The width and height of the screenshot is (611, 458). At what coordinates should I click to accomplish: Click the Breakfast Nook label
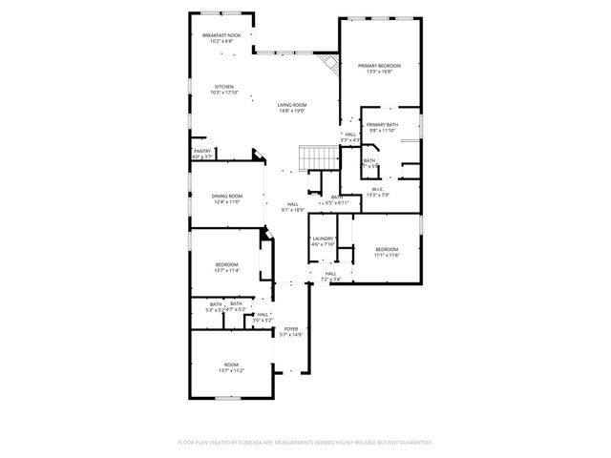coord(221,35)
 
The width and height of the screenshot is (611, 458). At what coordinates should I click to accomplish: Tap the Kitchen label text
coord(223,86)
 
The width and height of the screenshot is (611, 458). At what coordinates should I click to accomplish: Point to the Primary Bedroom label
coord(380,65)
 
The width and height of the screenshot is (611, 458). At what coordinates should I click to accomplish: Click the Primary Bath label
coord(381,125)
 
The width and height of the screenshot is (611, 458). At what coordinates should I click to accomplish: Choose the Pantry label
coord(202,151)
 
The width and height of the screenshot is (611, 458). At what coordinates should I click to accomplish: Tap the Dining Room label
coord(226,197)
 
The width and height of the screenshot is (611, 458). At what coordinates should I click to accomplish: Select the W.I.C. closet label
coord(378,189)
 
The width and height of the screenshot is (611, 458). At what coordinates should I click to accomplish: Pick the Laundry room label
coord(323,239)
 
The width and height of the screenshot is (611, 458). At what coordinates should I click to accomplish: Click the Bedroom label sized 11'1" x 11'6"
coord(387,250)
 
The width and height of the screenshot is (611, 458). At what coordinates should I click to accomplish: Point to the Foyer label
coord(290,328)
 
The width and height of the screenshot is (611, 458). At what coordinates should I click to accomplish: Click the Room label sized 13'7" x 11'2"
coord(231,366)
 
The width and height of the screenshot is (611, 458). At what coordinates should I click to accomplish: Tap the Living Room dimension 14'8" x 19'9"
coord(292,111)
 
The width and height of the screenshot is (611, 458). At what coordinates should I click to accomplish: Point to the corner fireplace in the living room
coord(330,65)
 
